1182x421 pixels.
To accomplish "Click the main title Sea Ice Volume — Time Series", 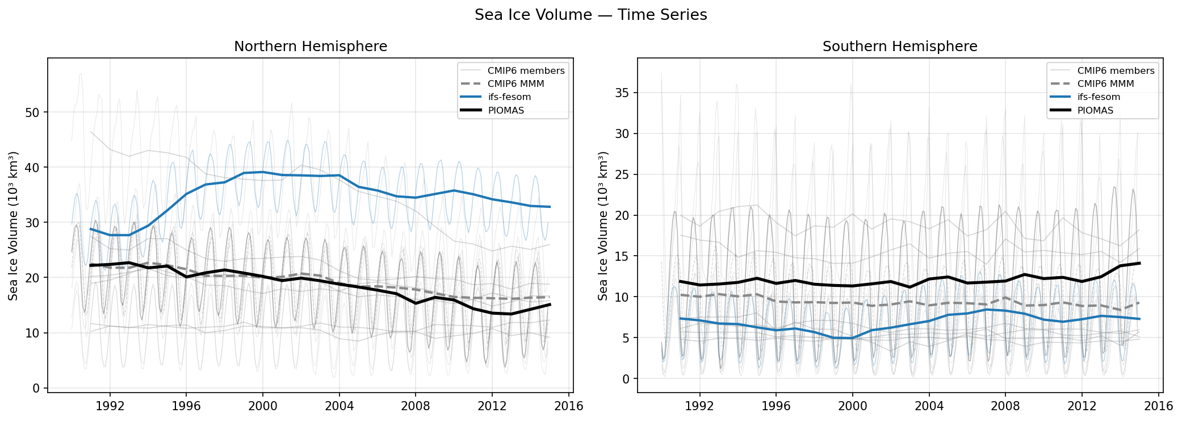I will [x=590, y=15].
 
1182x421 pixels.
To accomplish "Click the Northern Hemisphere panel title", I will [x=311, y=47].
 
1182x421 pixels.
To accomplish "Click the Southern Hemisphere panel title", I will [x=900, y=47].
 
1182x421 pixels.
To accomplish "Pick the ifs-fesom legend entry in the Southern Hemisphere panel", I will [x=1099, y=97].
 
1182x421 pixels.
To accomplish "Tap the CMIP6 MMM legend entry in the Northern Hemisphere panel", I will [x=515, y=84].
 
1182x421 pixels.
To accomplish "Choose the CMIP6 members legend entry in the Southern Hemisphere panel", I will [x=1115, y=70].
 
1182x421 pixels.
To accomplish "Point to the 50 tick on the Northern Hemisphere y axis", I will [x=32, y=112].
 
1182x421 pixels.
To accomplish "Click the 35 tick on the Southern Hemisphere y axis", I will [x=622, y=93].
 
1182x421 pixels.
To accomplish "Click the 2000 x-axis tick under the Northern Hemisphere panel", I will [x=262, y=406].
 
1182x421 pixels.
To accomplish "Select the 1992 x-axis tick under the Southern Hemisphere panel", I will [x=699, y=406].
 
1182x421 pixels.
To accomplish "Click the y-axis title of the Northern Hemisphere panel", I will [x=13, y=226].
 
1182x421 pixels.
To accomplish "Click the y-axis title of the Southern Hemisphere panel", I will [x=603, y=226].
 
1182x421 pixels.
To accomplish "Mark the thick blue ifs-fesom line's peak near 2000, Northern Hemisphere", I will [x=262, y=172].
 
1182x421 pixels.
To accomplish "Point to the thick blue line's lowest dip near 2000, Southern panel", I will [x=852, y=338].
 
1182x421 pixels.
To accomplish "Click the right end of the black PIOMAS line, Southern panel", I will [x=1139, y=263].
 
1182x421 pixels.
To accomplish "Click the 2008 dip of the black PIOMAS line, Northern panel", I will [x=416, y=303].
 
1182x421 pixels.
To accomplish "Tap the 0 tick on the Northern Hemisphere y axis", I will [x=36, y=388].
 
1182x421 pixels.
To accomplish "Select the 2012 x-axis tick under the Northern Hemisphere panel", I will [x=492, y=406].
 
